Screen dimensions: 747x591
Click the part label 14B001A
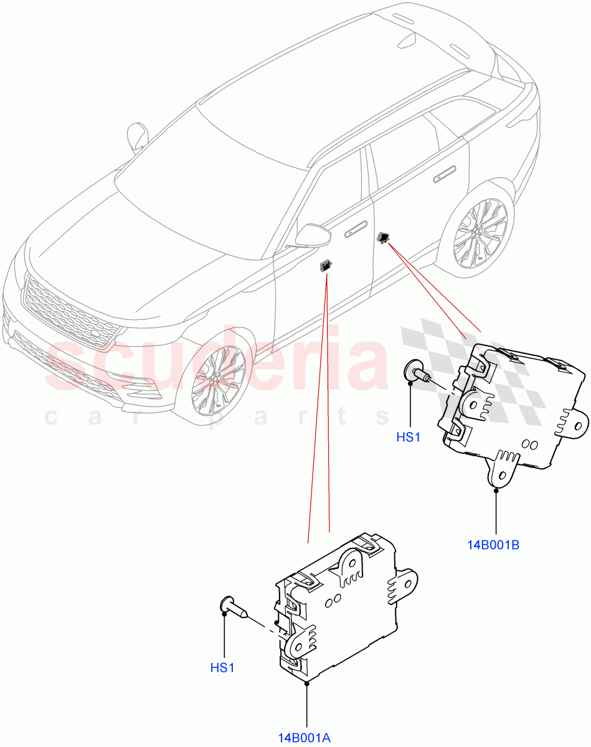point(305,738)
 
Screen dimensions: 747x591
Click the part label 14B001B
point(493,545)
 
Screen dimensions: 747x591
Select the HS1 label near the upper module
point(409,437)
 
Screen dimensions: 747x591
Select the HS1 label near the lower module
point(222,668)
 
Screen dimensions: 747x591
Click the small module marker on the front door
point(325,266)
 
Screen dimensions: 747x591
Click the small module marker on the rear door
point(383,237)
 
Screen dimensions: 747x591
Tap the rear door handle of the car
point(443,176)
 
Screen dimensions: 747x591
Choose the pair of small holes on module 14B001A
point(331,599)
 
